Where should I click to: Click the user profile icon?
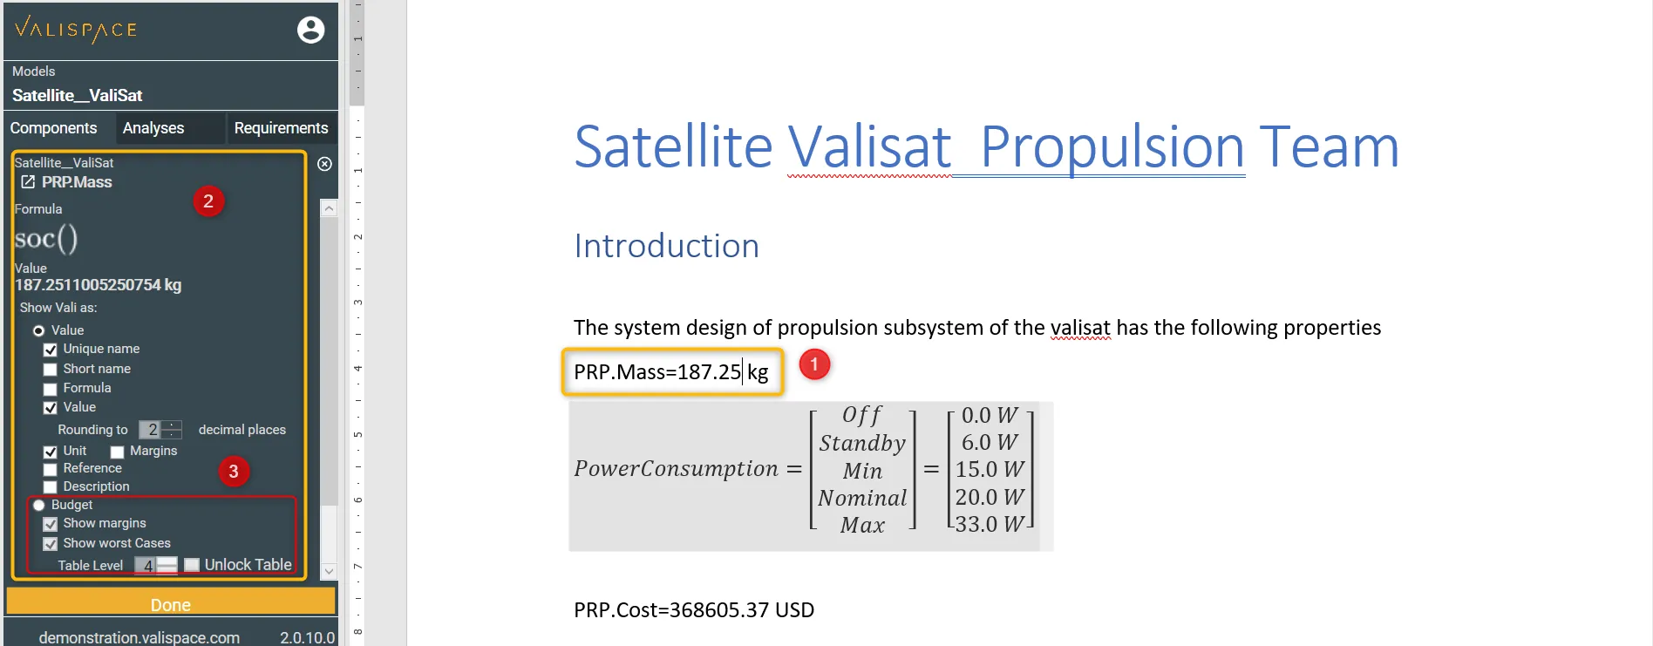(x=311, y=30)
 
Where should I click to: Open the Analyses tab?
(x=153, y=128)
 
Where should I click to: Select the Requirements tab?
(x=281, y=128)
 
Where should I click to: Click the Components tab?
(x=54, y=128)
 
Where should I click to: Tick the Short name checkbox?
(x=51, y=370)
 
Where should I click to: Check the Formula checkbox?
(x=51, y=389)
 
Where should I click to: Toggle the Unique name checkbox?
(x=51, y=350)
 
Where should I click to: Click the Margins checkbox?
(x=117, y=452)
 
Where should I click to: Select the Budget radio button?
(x=38, y=506)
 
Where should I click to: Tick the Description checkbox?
(x=51, y=487)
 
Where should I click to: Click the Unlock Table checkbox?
(x=192, y=565)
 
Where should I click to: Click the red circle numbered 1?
(x=814, y=364)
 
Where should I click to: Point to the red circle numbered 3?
(x=233, y=472)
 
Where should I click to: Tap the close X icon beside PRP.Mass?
(x=324, y=164)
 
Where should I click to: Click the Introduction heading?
(x=667, y=247)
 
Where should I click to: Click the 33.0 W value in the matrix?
(x=990, y=525)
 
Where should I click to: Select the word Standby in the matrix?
(x=863, y=444)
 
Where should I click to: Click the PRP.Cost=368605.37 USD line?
(x=694, y=610)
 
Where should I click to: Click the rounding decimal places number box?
(x=153, y=430)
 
